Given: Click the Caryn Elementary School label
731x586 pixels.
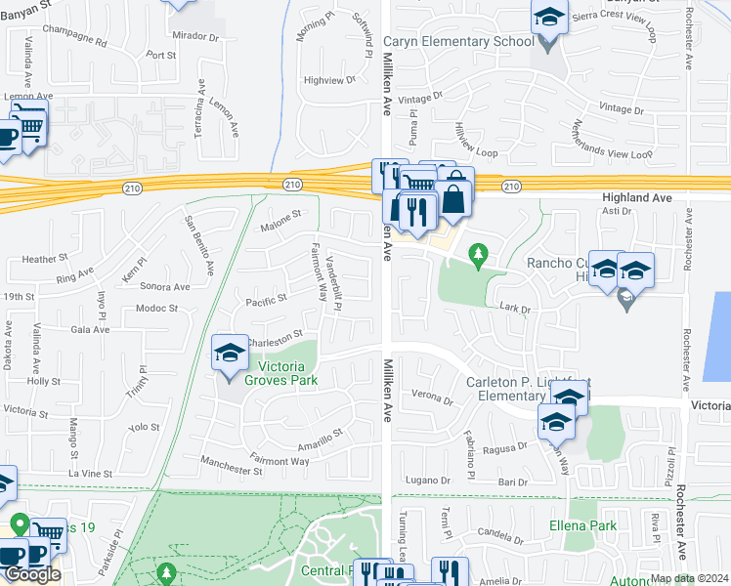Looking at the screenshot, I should pos(458,41).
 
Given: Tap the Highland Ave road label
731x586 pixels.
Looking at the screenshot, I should pos(635,197).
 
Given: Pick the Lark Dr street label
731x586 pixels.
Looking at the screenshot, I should pos(513,308).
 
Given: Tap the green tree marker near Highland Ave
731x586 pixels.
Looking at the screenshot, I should pos(478,257).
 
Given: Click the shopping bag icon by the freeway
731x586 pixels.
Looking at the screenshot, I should pos(454,198).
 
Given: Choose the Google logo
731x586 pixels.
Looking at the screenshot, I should pos(31,574).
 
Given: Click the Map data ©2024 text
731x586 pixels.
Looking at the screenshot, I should pos(688,578).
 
